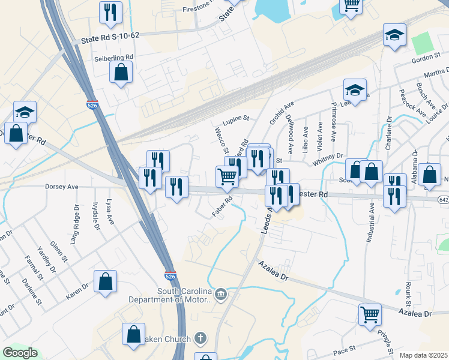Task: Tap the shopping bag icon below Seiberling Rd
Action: [121, 73]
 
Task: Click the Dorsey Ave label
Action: [62, 187]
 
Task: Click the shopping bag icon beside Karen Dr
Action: [105, 281]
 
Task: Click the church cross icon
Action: [201, 338]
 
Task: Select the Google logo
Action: [20, 353]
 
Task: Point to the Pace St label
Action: [345, 348]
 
